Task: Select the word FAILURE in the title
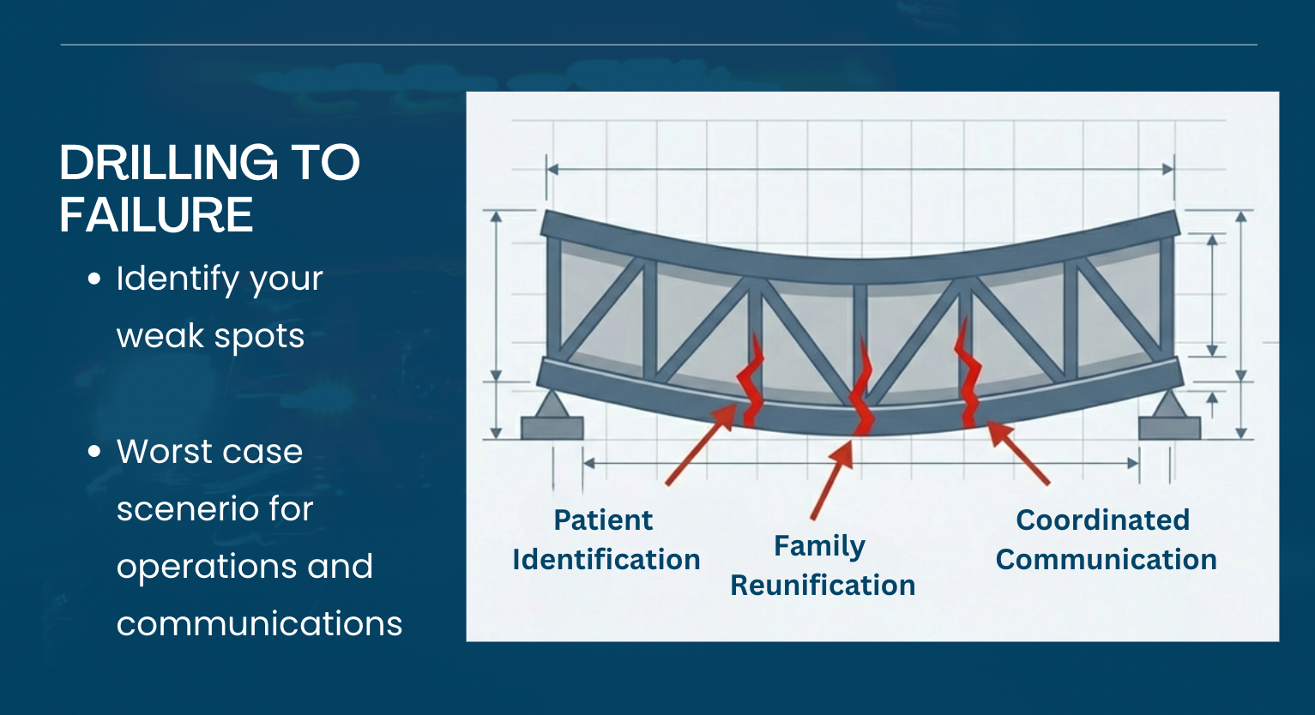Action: click(x=156, y=214)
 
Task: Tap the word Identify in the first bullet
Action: click(x=178, y=279)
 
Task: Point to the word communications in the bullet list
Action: click(x=259, y=623)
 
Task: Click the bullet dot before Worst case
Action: click(x=94, y=452)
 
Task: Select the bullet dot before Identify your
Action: click(x=94, y=279)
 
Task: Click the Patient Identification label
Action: click(x=606, y=539)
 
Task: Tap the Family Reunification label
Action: click(x=822, y=565)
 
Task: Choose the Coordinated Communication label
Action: click(x=1106, y=539)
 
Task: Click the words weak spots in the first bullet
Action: click(x=210, y=336)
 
